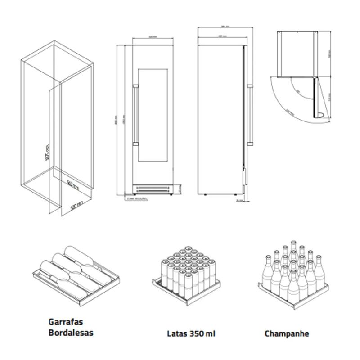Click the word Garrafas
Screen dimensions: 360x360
tap(66, 323)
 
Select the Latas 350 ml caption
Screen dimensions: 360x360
tap(191, 334)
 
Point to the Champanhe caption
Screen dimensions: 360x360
tap(287, 334)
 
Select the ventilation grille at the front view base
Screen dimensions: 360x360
tap(153, 188)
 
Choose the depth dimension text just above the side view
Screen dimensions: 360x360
tap(221, 36)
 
